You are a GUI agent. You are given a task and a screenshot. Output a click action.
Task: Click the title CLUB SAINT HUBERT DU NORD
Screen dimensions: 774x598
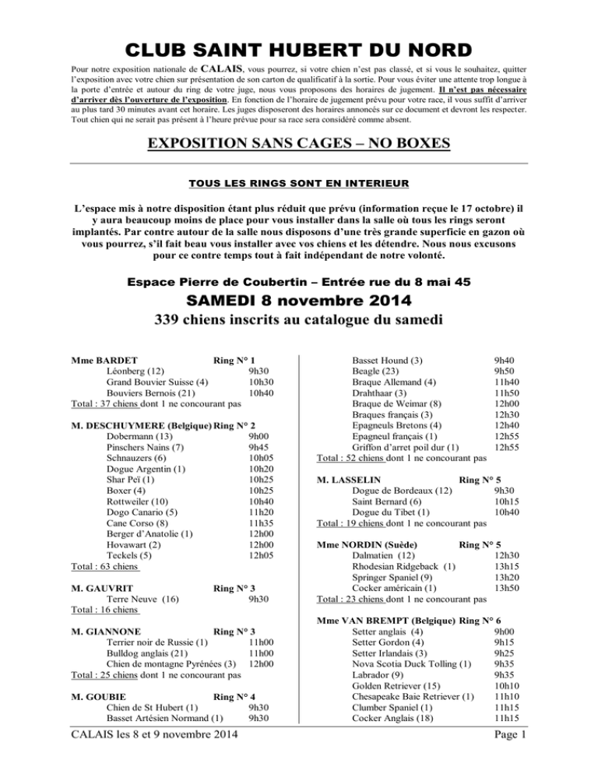point(299,51)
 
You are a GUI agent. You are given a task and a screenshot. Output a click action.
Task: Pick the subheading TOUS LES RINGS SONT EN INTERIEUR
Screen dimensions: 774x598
point(299,185)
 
